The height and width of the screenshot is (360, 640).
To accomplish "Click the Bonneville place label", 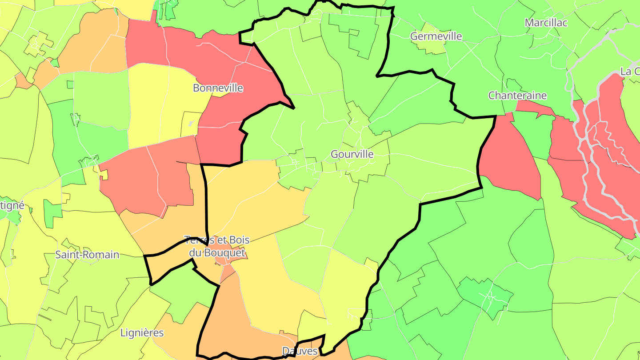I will (218, 88).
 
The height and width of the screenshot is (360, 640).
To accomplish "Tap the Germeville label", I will (436, 36).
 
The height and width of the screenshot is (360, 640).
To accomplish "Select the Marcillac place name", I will (546, 23).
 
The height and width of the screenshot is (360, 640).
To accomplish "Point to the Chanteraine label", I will (517, 96).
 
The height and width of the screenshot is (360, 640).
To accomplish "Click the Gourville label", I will (352, 154).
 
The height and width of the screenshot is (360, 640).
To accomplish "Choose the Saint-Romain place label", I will (87, 255).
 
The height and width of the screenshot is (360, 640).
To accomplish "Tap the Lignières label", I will (142, 332).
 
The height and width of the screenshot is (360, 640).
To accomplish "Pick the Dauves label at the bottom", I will (300, 351).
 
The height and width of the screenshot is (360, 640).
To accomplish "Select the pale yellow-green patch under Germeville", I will (433, 47).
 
